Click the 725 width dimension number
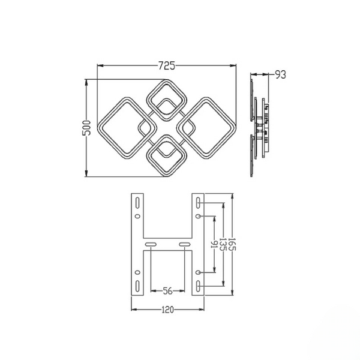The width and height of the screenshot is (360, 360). (167, 65)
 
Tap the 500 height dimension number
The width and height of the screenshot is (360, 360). (86, 128)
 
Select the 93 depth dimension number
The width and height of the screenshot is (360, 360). (280, 74)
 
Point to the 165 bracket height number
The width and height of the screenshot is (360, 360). (232, 244)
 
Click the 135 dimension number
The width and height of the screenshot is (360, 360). (223, 245)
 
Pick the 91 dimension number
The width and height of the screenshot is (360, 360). (214, 245)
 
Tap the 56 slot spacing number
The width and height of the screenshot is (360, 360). (167, 291)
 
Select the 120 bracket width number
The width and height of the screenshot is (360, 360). (167, 310)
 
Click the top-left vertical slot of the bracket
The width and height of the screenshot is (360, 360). (137, 203)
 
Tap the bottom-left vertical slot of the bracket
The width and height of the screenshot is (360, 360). (137, 286)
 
